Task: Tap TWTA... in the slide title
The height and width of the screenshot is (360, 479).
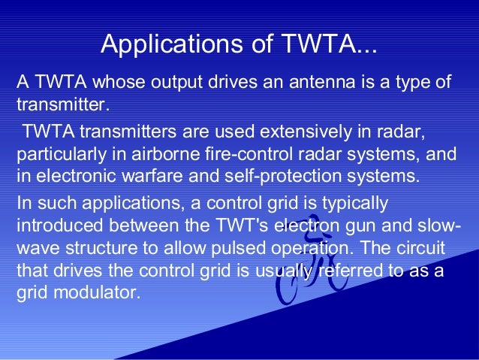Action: click(327, 44)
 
